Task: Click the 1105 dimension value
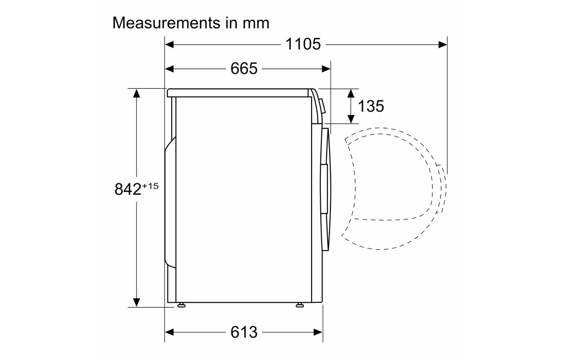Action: point(303,44)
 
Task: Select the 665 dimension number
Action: point(244,69)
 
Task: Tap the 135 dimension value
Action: point(371,106)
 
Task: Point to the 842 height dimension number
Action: point(128,189)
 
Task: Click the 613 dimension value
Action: point(244,332)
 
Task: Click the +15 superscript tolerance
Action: point(150,186)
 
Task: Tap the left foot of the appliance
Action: point(181,305)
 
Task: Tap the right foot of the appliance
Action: point(299,305)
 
